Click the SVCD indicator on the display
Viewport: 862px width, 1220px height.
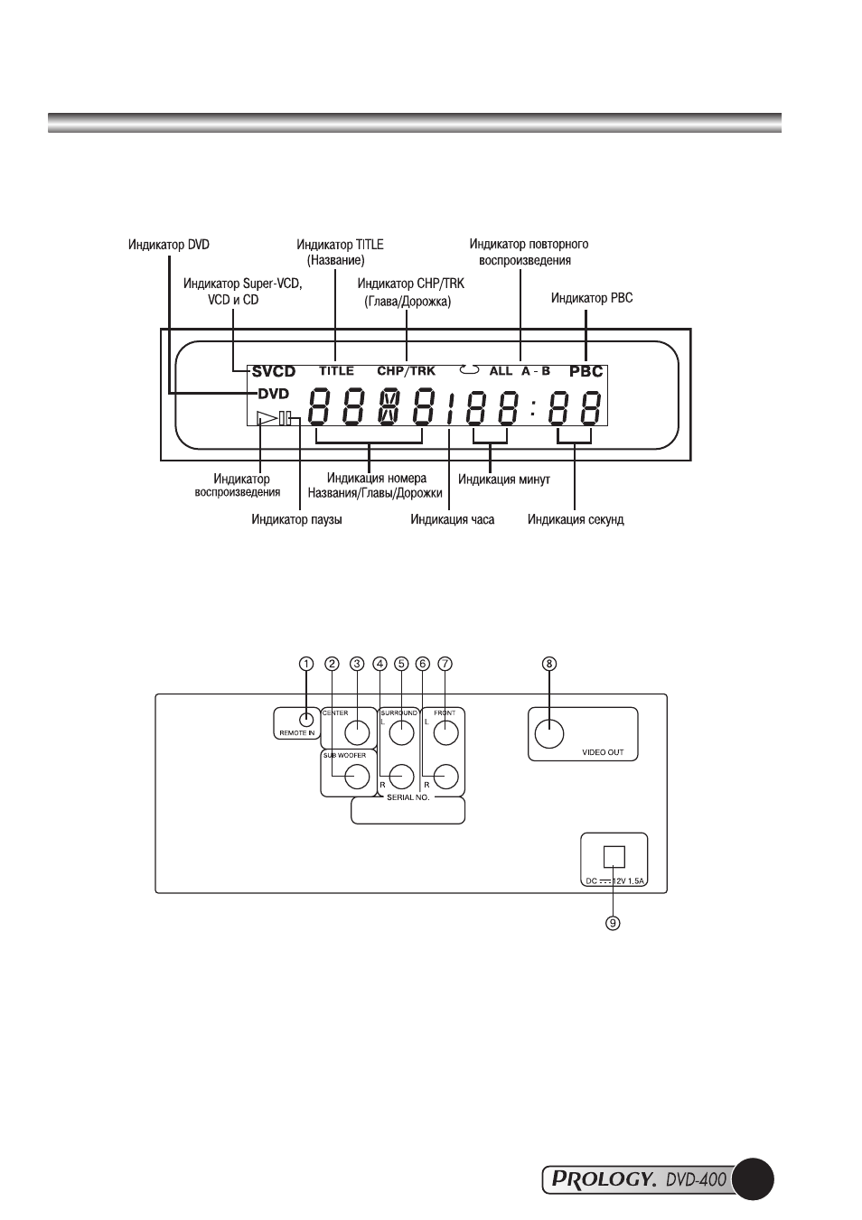[x=274, y=372]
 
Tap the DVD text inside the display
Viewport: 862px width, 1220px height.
[x=274, y=393]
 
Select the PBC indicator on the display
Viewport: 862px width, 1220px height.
[x=586, y=372]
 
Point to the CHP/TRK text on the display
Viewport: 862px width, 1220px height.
[x=406, y=371]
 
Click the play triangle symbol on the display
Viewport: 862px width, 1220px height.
[x=267, y=418]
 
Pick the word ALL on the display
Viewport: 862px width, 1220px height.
[x=501, y=371]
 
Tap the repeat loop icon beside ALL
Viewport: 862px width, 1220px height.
[x=470, y=370]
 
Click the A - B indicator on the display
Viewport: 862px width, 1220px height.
[x=536, y=371]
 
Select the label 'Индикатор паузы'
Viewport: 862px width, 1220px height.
[x=296, y=519]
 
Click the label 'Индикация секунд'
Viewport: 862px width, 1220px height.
[x=576, y=519]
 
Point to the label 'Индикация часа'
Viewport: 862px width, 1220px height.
[x=453, y=519]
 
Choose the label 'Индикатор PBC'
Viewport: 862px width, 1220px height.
[x=592, y=299]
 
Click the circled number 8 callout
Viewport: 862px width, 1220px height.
[x=549, y=664]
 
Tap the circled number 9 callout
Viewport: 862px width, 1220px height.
[x=613, y=923]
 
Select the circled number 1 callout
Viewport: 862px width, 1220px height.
[x=306, y=664]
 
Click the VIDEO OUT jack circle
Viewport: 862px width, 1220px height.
[x=549, y=734]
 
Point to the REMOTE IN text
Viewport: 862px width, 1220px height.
[x=297, y=733]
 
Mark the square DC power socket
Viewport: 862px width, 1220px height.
[x=614, y=857]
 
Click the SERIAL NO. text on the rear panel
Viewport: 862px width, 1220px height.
[x=408, y=797]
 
